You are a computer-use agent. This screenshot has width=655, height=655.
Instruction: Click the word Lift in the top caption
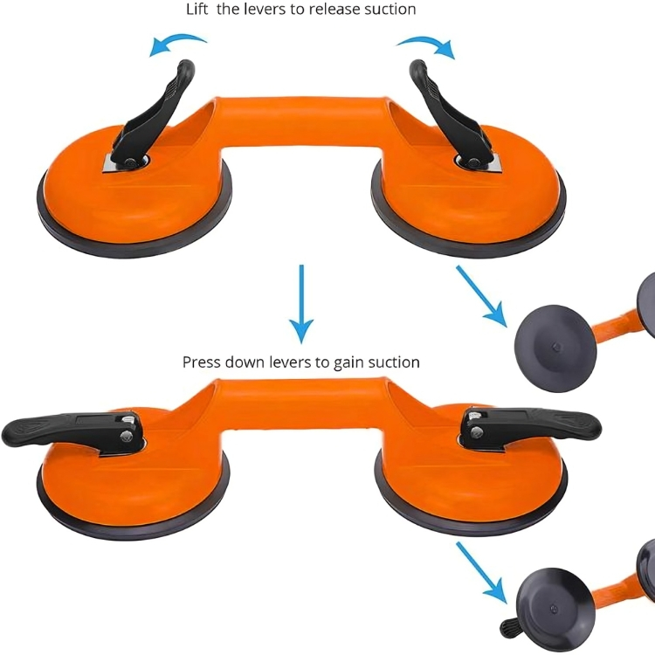pos(196,10)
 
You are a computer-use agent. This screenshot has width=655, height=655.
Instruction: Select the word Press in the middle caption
pos(202,362)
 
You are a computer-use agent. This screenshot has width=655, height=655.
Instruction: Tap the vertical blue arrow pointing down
pos(301,304)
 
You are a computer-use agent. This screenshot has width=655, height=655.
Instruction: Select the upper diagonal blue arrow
pos(481,296)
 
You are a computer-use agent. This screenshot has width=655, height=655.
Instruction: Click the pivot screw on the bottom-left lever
pos(125,437)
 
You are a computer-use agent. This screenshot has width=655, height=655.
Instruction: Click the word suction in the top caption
pos(390,10)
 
